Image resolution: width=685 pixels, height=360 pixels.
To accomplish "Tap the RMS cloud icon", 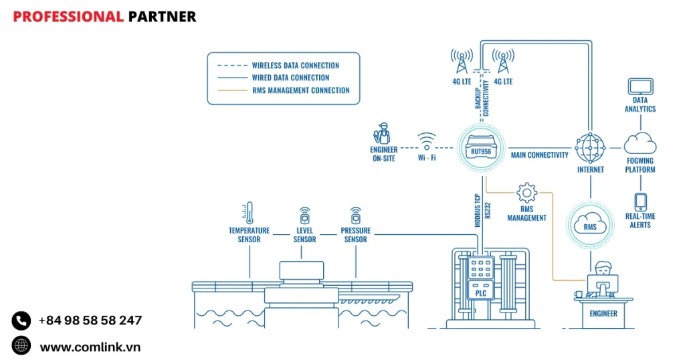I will pyautogui.click(x=590, y=226).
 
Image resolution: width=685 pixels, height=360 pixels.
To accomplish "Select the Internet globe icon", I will pyautogui.click(x=590, y=145).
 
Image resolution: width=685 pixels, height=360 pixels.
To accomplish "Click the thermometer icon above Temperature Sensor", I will pyautogui.click(x=249, y=212).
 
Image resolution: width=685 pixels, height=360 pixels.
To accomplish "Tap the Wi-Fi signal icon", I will pyautogui.click(x=427, y=141).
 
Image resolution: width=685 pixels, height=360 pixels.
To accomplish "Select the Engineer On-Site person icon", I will pyautogui.click(x=383, y=133).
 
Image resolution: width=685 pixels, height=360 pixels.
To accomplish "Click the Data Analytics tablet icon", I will pyautogui.click(x=640, y=86).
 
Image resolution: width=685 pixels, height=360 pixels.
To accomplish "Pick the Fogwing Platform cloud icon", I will pyautogui.click(x=640, y=143).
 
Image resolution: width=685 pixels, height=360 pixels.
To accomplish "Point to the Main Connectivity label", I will pyautogui.click(x=540, y=155).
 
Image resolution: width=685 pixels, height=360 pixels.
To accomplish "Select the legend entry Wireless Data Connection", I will pyautogui.click(x=295, y=66).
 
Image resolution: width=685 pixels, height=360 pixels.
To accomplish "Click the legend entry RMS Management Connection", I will pyautogui.click(x=300, y=90).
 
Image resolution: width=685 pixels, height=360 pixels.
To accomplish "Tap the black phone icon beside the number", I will pyautogui.click(x=21, y=321).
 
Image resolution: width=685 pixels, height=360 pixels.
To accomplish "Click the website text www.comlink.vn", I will pyautogui.click(x=90, y=347).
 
